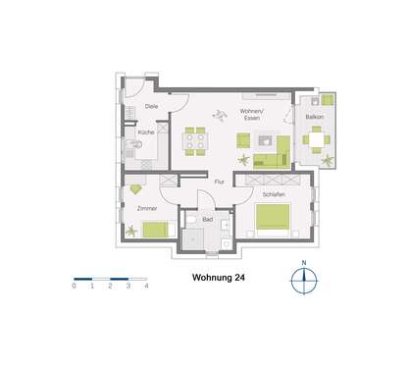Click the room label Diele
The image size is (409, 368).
[x=151, y=105]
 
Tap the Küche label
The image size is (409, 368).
[x=144, y=131]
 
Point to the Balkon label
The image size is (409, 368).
[x=315, y=116]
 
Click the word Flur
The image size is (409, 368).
[x=220, y=183]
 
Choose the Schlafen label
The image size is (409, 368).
[x=273, y=194]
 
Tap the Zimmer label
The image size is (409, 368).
[x=148, y=210]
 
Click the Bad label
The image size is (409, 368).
[x=207, y=220]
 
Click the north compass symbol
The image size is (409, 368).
[x=305, y=280]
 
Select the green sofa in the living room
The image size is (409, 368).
[x=270, y=155]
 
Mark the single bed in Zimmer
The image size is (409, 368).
[x=154, y=231]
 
